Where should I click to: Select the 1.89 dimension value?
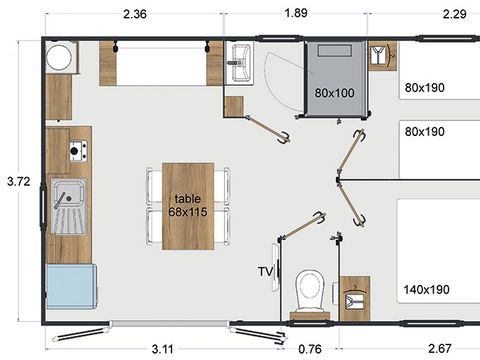click(x=296, y=14)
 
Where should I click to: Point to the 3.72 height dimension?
click(x=17, y=182)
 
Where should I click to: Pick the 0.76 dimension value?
click(x=311, y=346)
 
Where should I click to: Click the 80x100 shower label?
click(x=333, y=93)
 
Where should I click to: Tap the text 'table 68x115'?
click(x=188, y=205)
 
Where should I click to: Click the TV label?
click(x=266, y=271)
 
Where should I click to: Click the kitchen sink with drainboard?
click(x=67, y=204)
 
